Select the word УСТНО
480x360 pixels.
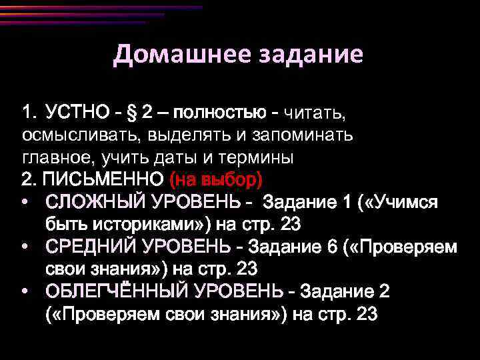pos(76,112)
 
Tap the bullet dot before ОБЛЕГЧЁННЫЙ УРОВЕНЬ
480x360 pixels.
pos(25,291)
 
